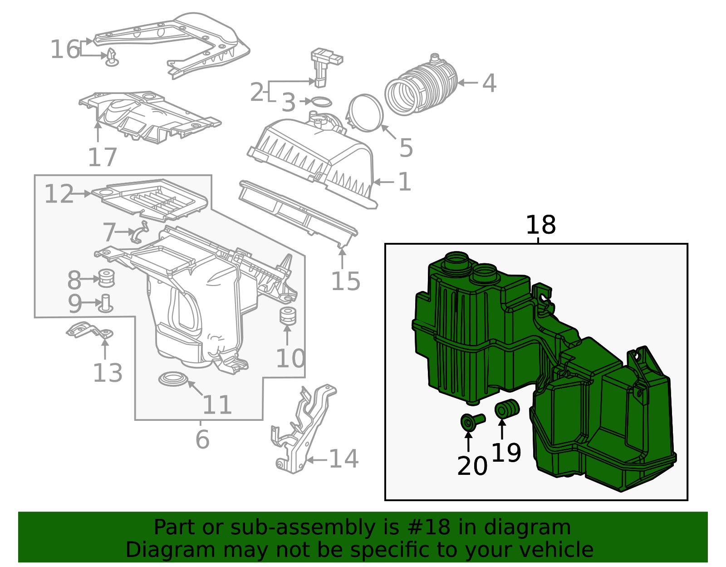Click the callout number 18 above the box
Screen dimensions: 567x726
(540, 225)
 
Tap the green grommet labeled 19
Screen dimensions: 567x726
(506, 409)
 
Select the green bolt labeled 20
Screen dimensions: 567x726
(472, 422)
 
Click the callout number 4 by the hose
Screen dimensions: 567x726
(489, 84)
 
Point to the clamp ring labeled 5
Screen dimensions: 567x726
(366, 113)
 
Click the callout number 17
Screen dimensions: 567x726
(103, 157)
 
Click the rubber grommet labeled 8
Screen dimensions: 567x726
(106, 279)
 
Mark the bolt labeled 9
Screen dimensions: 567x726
(106, 304)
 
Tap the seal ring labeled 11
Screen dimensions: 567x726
(173, 379)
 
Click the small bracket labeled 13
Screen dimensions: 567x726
(89, 330)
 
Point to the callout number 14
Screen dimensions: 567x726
(343, 459)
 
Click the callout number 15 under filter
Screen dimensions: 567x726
(345, 281)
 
